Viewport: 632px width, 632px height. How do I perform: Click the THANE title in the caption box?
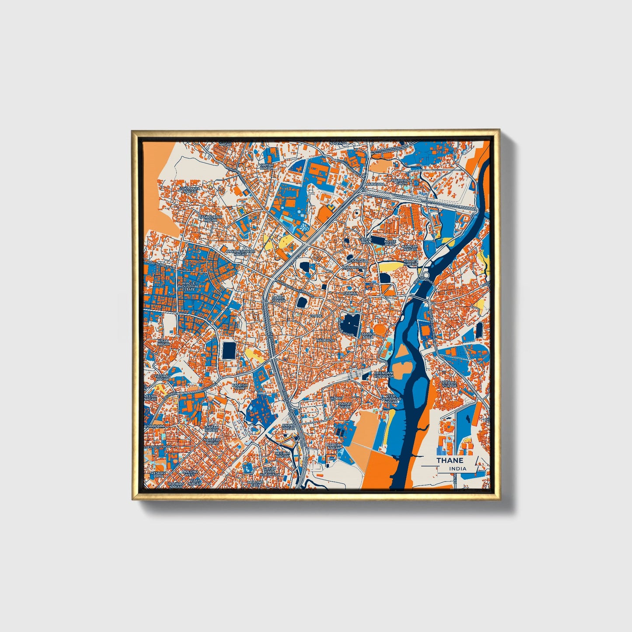(x=449, y=461)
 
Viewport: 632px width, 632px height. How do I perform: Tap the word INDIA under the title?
(x=457, y=468)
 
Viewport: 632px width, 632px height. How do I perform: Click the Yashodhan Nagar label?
(x=210, y=218)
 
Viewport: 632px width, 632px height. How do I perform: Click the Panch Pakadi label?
(x=278, y=299)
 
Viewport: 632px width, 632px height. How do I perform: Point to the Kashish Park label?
(x=240, y=387)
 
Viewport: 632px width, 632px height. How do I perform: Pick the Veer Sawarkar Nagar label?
(x=391, y=400)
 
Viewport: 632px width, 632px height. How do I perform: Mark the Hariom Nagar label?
(x=334, y=447)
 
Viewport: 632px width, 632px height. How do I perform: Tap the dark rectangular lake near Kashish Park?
(x=229, y=350)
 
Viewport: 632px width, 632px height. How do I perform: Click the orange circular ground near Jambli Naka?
(x=379, y=329)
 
